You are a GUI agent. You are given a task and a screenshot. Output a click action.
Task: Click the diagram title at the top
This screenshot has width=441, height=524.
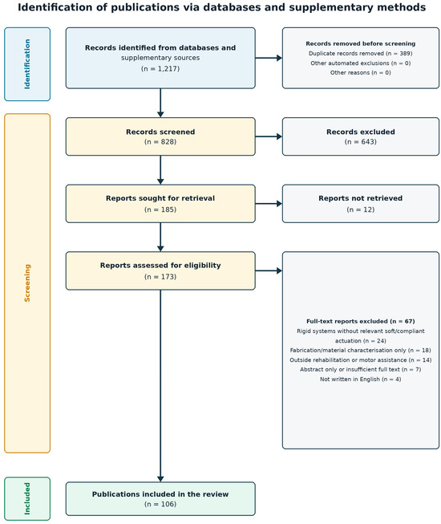221,7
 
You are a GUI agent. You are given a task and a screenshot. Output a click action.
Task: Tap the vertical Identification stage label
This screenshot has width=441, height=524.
27,64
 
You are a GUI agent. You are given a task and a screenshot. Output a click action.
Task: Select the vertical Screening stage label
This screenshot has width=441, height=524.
27,283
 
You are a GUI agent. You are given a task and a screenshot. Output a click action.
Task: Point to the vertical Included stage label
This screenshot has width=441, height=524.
27,498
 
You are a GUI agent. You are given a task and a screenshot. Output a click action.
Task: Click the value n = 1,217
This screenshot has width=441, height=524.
160,68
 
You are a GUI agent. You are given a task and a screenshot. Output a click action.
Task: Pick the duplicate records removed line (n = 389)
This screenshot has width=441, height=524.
361,54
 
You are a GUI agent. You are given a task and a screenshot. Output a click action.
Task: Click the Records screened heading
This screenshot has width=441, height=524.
160,132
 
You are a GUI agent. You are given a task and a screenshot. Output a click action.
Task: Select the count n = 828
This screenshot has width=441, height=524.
160,142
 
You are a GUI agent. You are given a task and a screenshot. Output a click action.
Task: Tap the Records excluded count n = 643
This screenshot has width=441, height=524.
361,142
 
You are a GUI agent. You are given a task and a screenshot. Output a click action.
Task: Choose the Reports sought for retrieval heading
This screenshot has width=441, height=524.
160,198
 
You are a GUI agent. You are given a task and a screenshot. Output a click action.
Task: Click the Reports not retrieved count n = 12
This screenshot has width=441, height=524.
361,209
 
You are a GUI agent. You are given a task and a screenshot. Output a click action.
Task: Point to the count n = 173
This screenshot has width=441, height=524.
160,277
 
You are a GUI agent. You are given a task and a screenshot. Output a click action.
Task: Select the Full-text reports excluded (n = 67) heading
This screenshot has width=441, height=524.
361,321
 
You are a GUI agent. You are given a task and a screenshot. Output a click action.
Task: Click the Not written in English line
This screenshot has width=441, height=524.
361,379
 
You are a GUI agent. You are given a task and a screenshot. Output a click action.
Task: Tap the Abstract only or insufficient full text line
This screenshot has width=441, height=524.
361,369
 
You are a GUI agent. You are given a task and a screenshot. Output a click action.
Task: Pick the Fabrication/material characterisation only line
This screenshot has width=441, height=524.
361,350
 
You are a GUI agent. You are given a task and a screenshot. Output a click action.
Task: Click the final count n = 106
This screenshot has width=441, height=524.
160,504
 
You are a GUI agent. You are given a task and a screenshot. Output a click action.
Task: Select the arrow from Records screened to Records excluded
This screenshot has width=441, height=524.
269,136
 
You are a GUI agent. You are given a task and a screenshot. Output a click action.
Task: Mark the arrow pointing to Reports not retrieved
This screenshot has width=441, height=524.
269,204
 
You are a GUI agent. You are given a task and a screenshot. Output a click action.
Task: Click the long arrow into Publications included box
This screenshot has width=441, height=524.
160,386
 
